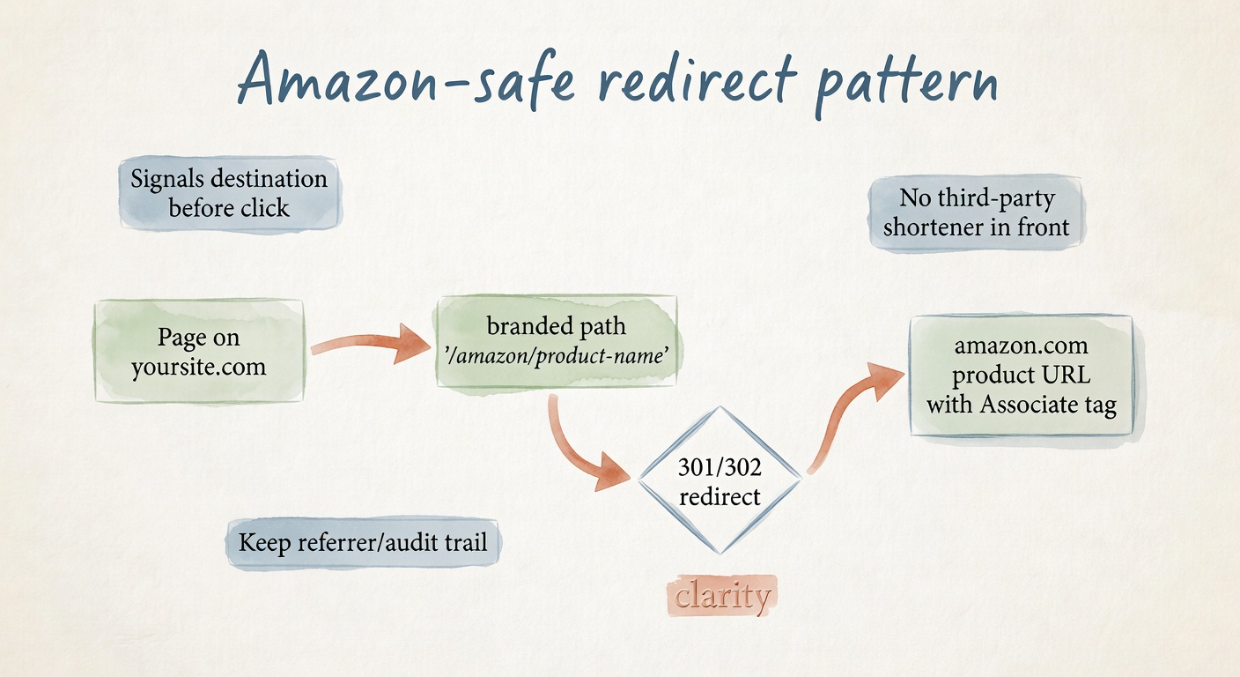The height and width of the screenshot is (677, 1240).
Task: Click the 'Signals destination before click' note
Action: pyautogui.click(x=229, y=193)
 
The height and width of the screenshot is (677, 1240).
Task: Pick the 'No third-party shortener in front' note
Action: pyautogui.click(x=977, y=213)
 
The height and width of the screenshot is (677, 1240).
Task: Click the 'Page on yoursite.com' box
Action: pyautogui.click(x=199, y=352)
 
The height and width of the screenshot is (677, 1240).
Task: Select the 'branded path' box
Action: pyautogui.click(x=557, y=340)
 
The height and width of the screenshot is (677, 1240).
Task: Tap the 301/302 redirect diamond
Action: pyautogui.click(x=720, y=481)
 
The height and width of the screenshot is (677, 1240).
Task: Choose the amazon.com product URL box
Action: pyautogui.click(x=1021, y=376)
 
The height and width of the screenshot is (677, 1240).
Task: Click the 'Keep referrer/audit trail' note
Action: pyautogui.click(x=363, y=541)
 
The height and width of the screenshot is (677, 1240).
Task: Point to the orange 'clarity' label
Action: pyautogui.click(x=722, y=596)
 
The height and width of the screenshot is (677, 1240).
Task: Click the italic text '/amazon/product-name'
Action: pyautogui.click(x=557, y=355)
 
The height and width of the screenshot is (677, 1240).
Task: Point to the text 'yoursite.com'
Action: pyautogui.click(x=199, y=366)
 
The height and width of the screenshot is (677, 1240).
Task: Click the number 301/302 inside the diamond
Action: pyautogui.click(x=720, y=467)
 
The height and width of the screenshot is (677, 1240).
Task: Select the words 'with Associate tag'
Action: pyautogui.click(x=1021, y=405)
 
